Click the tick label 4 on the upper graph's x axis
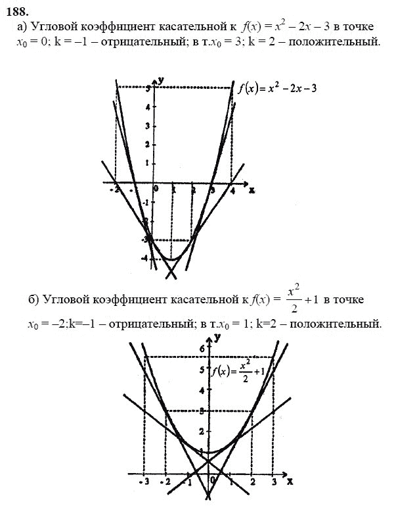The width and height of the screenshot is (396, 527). pyautogui.click(x=232, y=190)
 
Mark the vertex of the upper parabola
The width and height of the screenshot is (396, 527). pyautogui.click(x=173, y=259)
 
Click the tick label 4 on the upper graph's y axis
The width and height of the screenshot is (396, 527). pyautogui.click(x=148, y=107)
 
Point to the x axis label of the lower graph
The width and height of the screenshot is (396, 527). pyautogui.click(x=289, y=483)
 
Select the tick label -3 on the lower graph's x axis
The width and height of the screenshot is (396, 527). pyautogui.click(x=144, y=483)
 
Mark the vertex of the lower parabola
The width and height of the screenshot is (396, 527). pyautogui.click(x=209, y=453)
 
